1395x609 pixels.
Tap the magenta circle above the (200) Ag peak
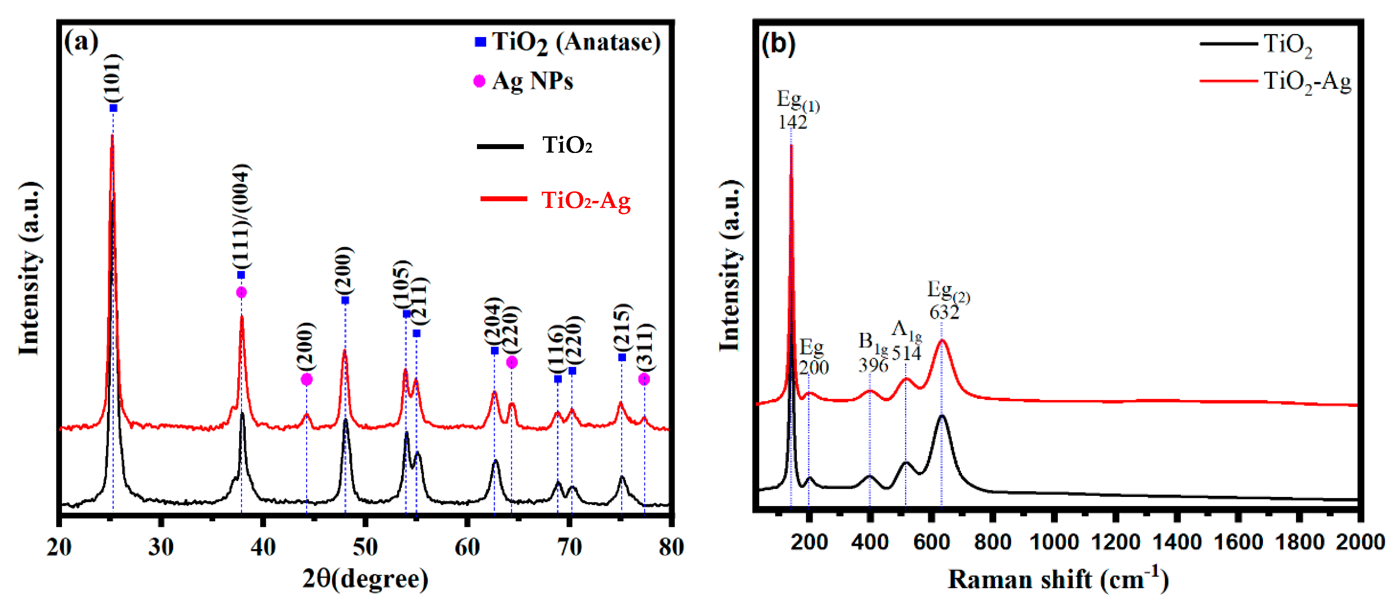click(306, 379)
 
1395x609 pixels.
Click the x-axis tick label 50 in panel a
click(365, 547)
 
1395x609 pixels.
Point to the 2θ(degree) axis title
click(365, 579)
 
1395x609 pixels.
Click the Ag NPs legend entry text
click(532, 81)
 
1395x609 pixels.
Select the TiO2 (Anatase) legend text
click(576, 42)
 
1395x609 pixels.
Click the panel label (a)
click(81, 41)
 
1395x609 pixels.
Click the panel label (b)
click(778, 43)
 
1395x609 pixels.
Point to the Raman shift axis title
click(1057, 579)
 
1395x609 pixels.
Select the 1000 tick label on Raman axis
click(1053, 542)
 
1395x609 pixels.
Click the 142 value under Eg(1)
click(792, 122)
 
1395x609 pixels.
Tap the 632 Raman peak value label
click(944, 312)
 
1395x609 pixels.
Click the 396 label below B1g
click(873, 365)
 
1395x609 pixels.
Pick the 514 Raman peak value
click(906, 353)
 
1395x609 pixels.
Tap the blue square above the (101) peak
click(113, 108)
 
